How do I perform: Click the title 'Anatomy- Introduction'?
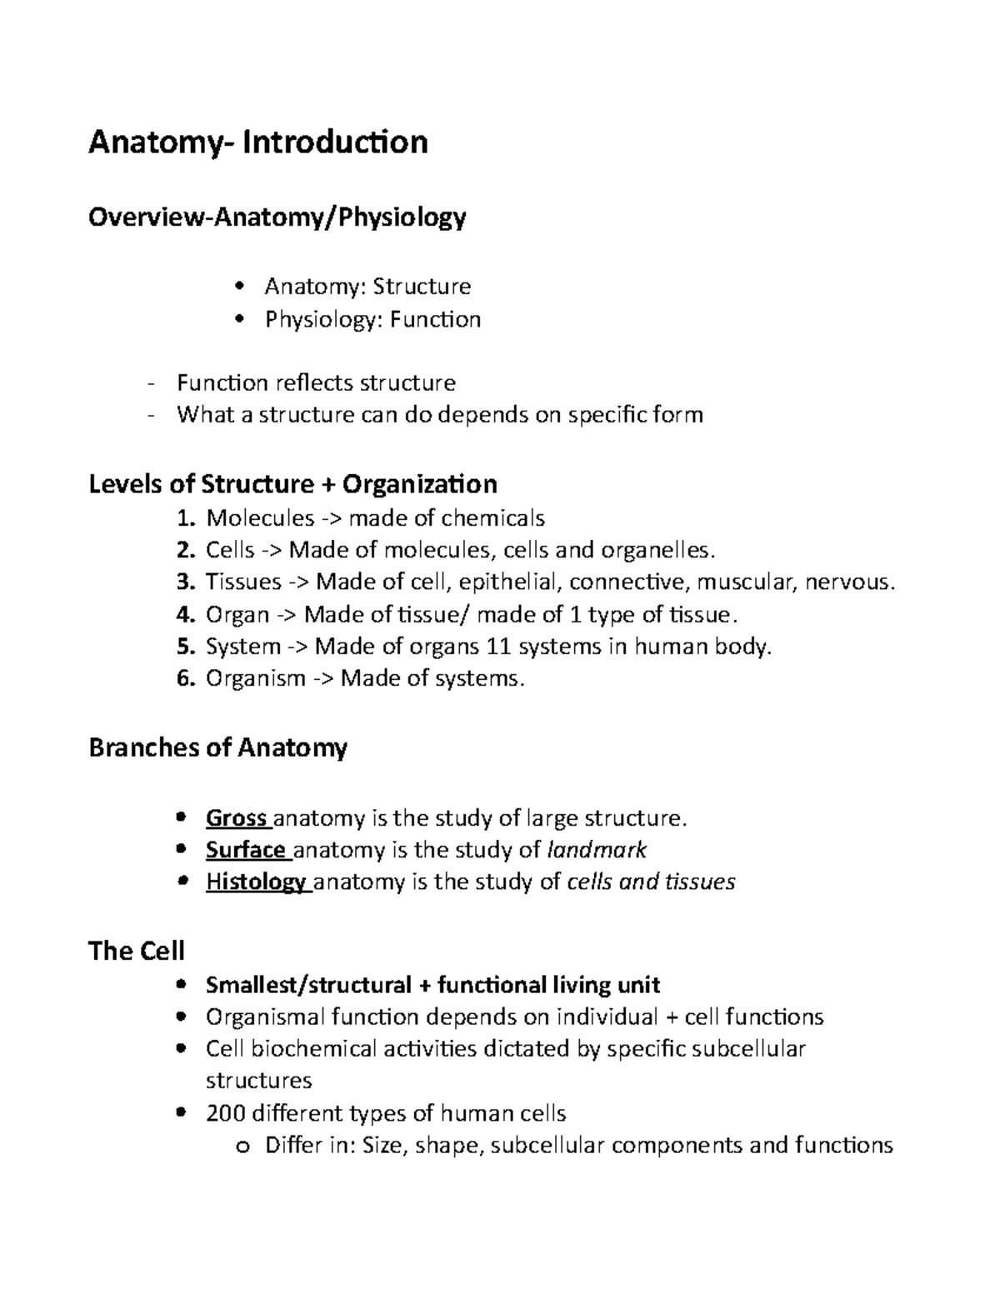[258, 142]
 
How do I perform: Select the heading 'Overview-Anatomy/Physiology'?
[277, 218]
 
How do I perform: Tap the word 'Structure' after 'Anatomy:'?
[422, 287]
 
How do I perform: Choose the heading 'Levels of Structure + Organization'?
[292, 484]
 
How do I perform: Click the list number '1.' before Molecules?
[187, 518]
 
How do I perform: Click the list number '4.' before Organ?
[186, 615]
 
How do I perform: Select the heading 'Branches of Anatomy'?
[217, 748]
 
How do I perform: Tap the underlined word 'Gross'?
[236, 819]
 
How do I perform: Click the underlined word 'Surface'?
[246, 851]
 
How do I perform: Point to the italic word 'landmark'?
[596, 851]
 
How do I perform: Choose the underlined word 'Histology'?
[255, 882]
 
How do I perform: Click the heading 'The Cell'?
[137, 951]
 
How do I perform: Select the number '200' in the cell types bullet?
[225, 1114]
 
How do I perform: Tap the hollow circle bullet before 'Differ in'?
[243, 1147]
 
